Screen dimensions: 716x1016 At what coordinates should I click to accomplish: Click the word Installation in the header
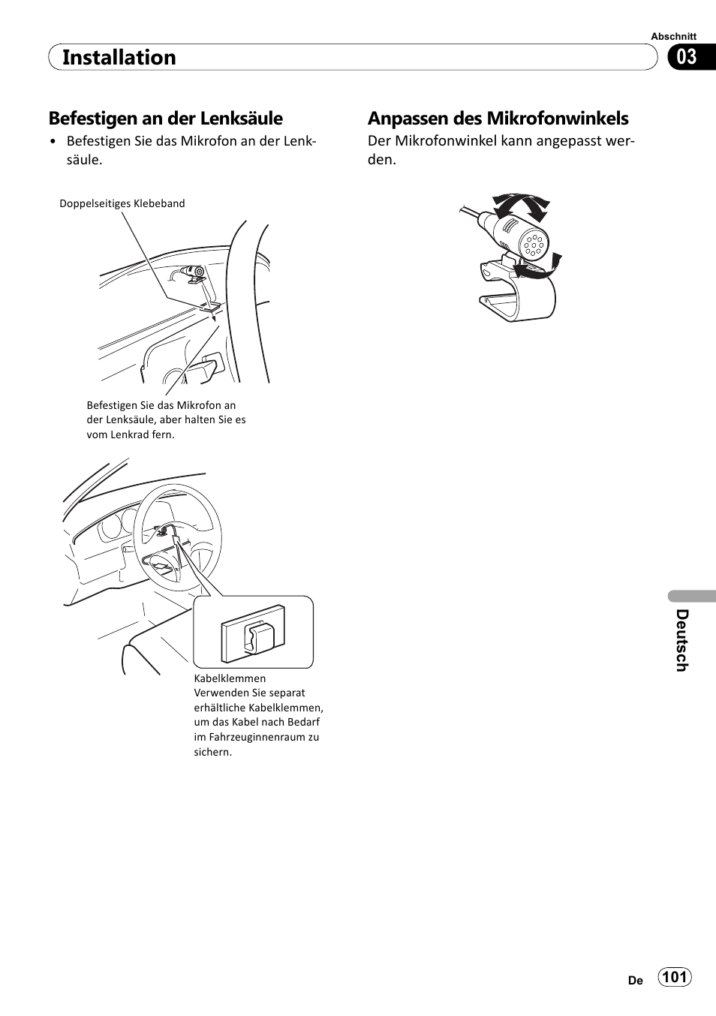(119, 58)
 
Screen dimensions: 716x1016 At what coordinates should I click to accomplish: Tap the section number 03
(686, 57)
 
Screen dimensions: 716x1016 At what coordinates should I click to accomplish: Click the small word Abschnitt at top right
(673, 36)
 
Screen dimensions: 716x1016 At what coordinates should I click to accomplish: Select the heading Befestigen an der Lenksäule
(166, 119)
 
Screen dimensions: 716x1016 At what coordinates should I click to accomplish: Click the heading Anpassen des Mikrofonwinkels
(498, 119)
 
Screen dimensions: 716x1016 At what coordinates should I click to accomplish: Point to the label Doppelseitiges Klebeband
(122, 203)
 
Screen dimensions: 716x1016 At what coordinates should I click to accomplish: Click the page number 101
(675, 976)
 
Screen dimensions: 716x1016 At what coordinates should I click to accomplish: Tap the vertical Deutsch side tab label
(681, 639)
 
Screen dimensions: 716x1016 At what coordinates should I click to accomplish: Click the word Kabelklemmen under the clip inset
(230, 678)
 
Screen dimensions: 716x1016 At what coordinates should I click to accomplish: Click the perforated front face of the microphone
(534, 244)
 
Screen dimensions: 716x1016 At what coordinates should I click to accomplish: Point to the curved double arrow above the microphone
(522, 204)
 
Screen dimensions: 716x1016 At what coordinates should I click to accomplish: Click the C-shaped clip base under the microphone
(517, 296)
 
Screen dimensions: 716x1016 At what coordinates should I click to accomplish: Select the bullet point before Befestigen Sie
(53, 142)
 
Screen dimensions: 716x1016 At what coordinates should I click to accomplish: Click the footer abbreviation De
(635, 980)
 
